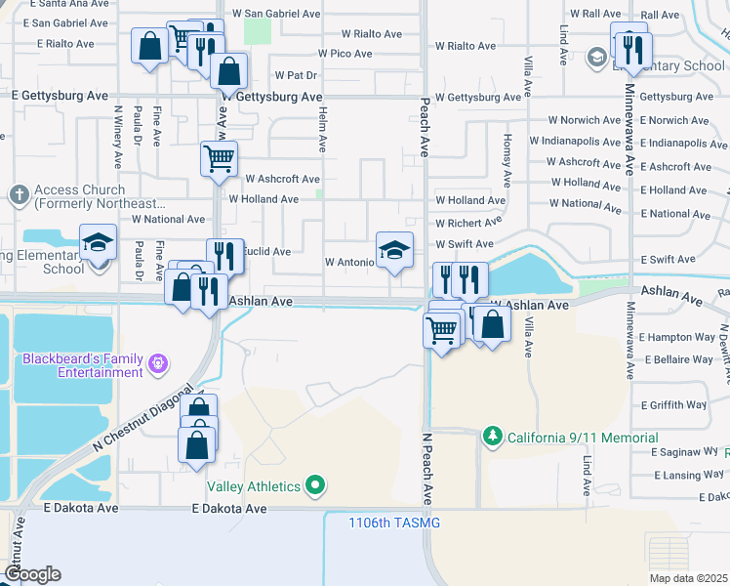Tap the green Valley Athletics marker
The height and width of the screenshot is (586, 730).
315,484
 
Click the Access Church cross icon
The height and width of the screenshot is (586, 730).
18,194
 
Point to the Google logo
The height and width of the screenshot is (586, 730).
32,574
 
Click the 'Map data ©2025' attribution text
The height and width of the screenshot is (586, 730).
687,578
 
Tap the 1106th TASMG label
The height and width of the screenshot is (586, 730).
394,523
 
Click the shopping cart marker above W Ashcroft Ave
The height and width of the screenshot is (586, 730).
219,157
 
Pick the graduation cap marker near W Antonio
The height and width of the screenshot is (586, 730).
394,249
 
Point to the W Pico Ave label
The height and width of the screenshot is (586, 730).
346,53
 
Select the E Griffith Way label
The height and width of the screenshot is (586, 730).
673,404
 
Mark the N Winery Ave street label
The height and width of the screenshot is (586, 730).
118,138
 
